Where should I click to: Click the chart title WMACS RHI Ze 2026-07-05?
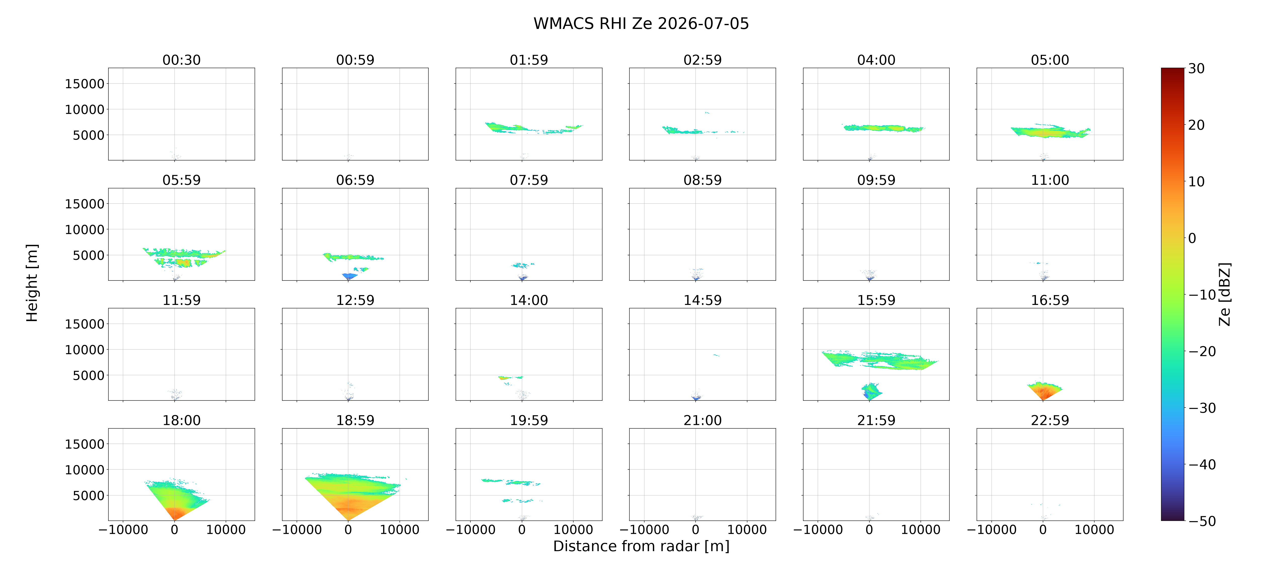click(641, 23)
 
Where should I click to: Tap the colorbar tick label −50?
click(1202, 521)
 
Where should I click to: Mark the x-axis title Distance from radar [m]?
click(641, 546)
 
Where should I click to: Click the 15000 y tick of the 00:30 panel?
click(85, 84)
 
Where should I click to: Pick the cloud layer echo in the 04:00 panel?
click(883, 128)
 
